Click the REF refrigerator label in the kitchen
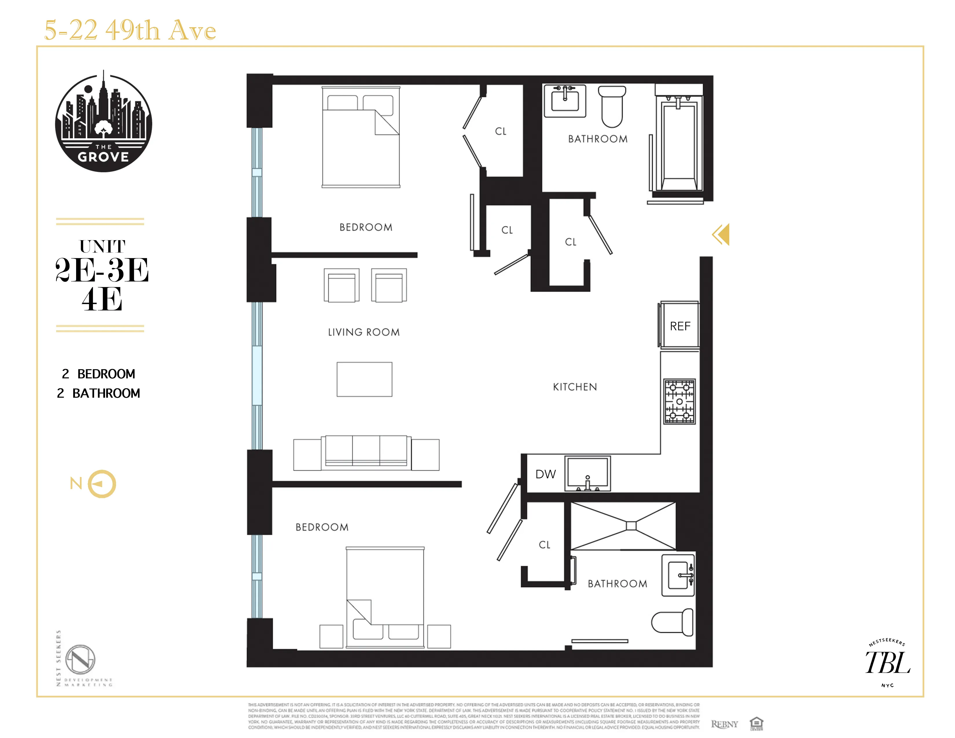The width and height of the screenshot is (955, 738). click(680, 326)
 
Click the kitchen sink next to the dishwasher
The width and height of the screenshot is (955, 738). click(587, 473)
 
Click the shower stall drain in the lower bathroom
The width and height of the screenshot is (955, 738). click(631, 526)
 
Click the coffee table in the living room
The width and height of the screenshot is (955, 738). click(364, 379)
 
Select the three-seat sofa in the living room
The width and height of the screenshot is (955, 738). click(366, 453)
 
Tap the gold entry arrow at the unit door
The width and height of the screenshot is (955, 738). click(721, 234)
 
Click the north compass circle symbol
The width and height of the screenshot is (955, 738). click(102, 484)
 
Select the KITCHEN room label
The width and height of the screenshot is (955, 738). click(574, 387)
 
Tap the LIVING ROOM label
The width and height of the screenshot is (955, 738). click(364, 332)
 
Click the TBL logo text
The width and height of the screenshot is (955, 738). click(887, 663)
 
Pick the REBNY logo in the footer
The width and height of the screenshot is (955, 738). click(724, 724)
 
